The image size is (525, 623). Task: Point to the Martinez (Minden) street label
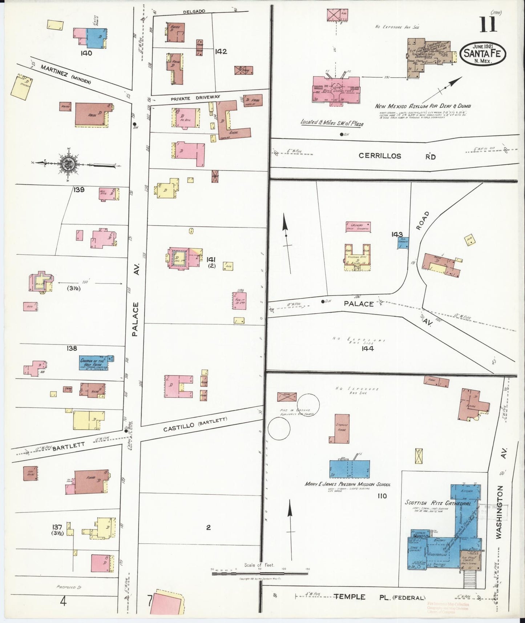point(65,74)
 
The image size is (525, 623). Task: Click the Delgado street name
point(194,12)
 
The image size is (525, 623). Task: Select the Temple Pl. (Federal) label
point(380,597)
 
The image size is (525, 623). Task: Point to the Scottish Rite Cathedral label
point(438,503)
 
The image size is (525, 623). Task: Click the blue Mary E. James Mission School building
point(350,470)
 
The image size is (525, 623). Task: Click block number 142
point(221,52)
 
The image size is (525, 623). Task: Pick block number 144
point(367,349)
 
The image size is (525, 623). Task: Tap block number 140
point(87,53)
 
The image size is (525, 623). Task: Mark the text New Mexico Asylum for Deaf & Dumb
point(423,106)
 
